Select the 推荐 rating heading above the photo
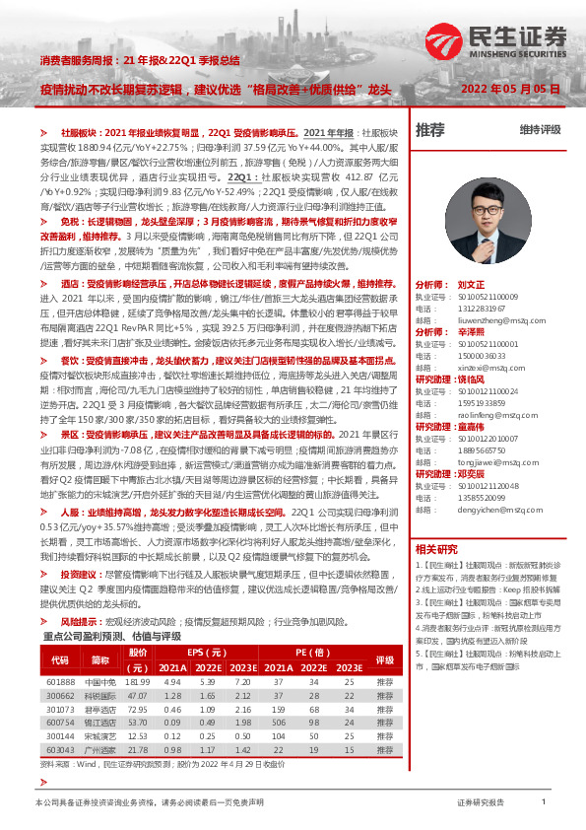tap(430, 129)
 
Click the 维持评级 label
tap(540, 130)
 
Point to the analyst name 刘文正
tap(474, 283)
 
